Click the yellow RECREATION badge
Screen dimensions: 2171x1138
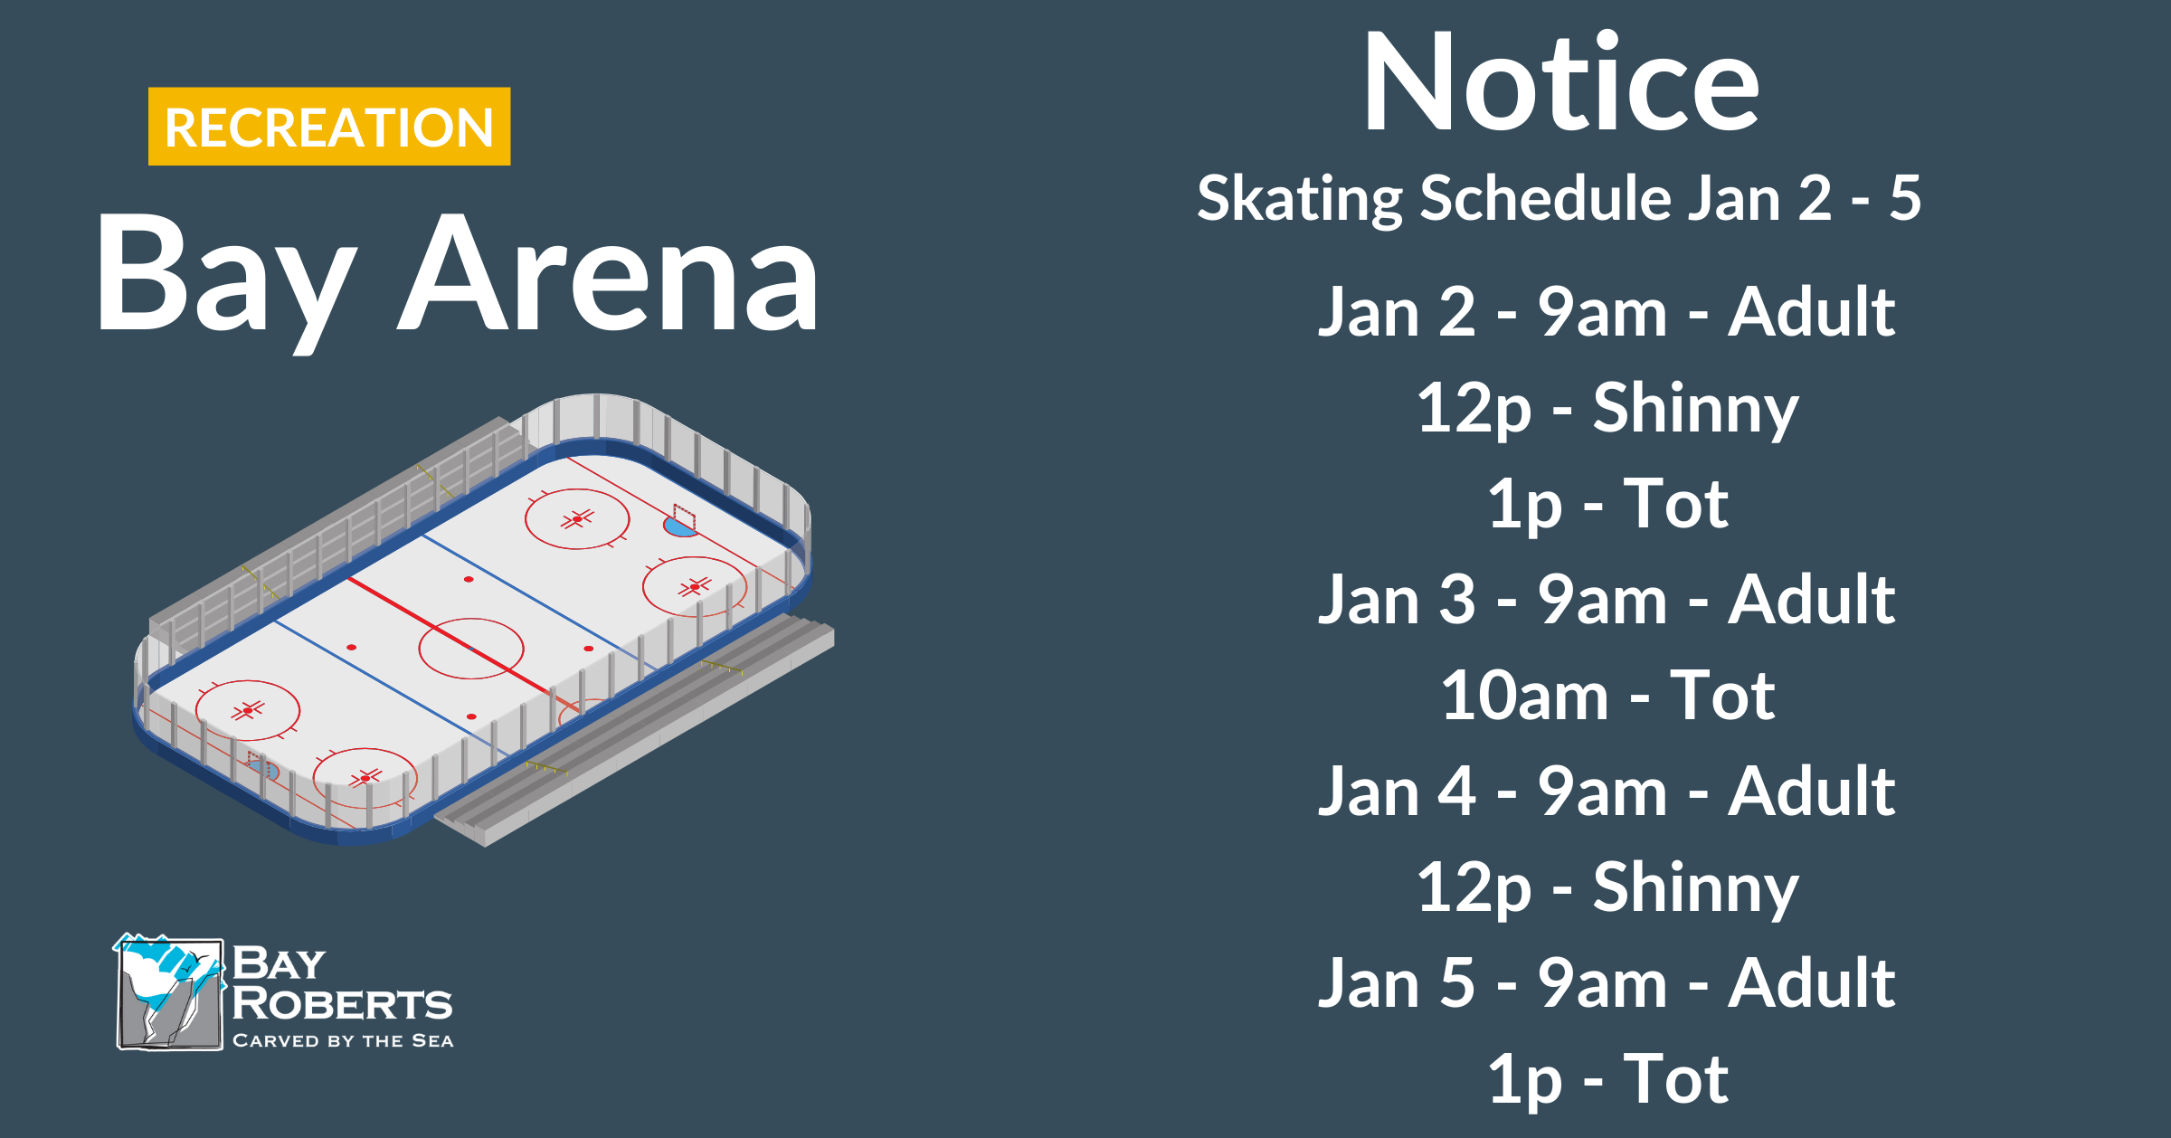[x=329, y=127]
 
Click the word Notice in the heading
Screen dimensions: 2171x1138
[x=1561, y=82]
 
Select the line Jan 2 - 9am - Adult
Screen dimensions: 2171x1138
[x=1607, y=312]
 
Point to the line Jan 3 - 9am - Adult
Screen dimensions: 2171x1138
[x=1607, y=600]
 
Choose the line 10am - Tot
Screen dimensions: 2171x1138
[x=1607, y=696]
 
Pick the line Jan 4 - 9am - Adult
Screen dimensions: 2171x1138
[x=1607, y=792]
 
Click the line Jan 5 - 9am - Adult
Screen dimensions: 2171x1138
[x=1607, y=983]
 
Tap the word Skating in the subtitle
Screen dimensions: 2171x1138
[x=1300, y=200]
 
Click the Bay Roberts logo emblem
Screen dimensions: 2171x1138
[x=169, y=992]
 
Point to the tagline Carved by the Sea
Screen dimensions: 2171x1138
[x=343, y=1041]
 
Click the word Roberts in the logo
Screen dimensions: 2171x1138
[x=342, y=1003]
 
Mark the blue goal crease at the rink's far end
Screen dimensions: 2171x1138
[x=679, y=526]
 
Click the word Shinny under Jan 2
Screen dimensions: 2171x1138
[x=1695, y=410]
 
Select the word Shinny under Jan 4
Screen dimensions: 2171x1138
[x=1695, y=889]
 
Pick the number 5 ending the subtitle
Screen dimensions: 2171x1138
[x=1905, y=198]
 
